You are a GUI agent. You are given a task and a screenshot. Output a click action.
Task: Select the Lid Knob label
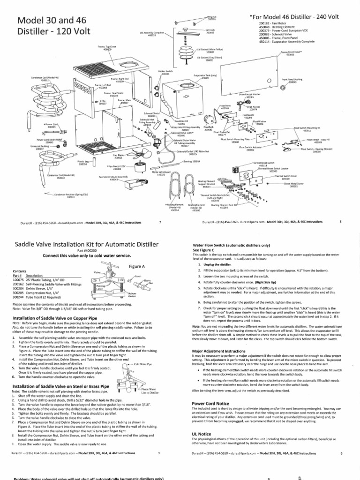pos(210,31)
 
